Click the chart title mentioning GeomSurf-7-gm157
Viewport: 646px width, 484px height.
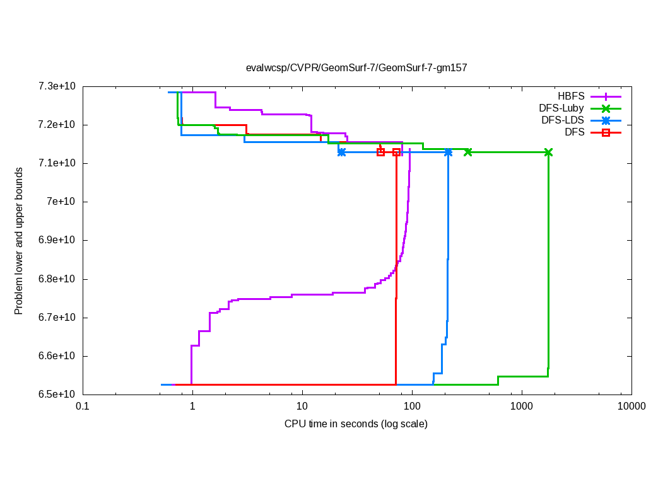(x=356, y=67)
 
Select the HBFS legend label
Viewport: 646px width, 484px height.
(x=571, y=96)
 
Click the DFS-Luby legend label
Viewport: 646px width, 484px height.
(x=561, y=108)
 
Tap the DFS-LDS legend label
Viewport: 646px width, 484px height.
(x=562, y=120)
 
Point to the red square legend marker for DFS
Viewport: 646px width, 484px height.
(x=606, y=132)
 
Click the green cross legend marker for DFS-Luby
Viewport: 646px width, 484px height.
(x=606, y=108)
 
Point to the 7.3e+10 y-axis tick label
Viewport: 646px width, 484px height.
(x=57, y=86)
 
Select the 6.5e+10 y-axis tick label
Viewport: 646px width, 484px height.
(x=57, y=395)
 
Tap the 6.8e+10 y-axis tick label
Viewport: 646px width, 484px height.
(x=57, y=279)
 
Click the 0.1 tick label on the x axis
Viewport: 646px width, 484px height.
(x=81, y=407)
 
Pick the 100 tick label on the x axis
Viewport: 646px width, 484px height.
(x=412, y=407)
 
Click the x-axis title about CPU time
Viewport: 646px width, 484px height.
(x=356, y=423)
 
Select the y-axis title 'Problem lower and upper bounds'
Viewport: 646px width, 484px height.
(x=19, y=241)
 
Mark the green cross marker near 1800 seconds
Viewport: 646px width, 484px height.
(x=548, y=153)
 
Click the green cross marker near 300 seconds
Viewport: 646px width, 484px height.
(x=468, y=152)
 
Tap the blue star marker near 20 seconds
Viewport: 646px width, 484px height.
(x=341, y=152)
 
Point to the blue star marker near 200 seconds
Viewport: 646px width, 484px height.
(x=448, y=152)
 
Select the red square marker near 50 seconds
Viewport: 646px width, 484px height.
(x=380, y=152)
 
